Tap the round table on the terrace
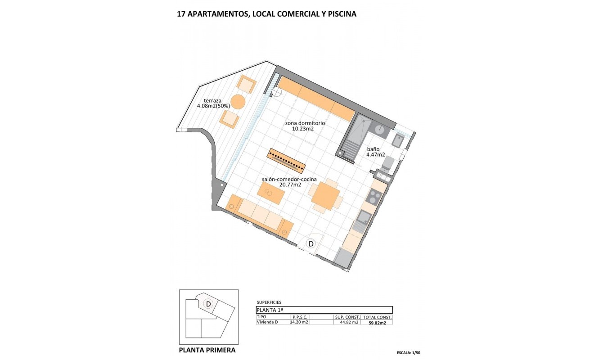tap(238, 102)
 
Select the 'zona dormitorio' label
tap(305, 123)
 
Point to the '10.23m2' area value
tap(303, 129)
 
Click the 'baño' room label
tap(373, 148)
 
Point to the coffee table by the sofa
tap(271, 193)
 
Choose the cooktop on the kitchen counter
tap(373, 197)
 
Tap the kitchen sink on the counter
tap(362, 219)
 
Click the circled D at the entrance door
tap(310, 244)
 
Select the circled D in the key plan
tap(208, 304)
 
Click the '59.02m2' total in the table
tap(377, 323)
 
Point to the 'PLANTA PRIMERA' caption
tap(207, 350)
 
